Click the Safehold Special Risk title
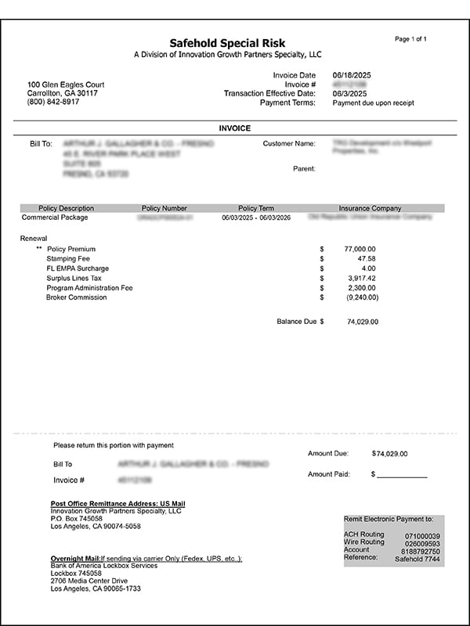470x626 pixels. [x=228, y=43]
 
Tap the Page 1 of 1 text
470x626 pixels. [x=411, y=39]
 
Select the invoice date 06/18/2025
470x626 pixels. [x=352, y=75]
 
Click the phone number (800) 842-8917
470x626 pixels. [x=53, y=103]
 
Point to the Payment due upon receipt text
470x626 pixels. [x=374, y=103]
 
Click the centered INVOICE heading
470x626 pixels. [x=234, y=128]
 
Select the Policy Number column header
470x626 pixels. [x=164, y=208]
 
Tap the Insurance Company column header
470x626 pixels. [x=370, y=208]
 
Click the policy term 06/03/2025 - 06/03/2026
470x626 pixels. [x=256, y=218]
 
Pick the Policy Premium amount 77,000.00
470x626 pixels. [x=360, y=249]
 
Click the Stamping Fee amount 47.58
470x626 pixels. [x=367, y=258]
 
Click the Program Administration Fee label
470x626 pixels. [x=89, y=288]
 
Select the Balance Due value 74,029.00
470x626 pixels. [x=363, y=322]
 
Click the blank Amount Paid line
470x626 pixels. [x=403, y=475]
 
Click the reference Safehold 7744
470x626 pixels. [x=417, y=558]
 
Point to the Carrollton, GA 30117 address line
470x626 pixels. [x=63, y=93]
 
